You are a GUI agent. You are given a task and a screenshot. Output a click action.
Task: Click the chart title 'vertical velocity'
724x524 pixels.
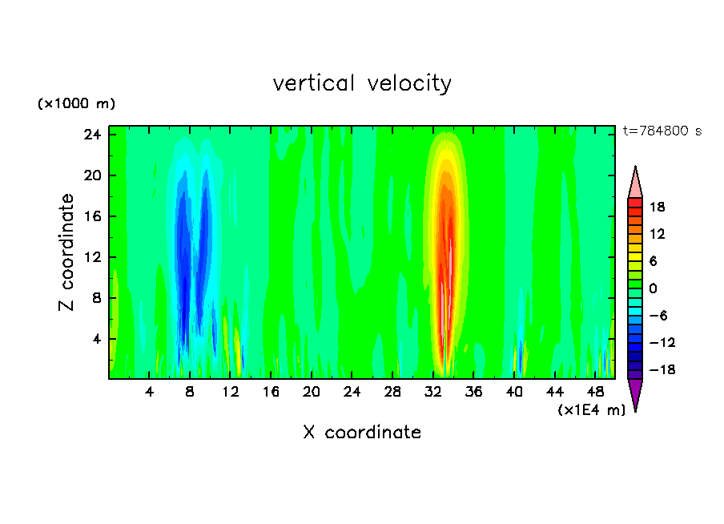pyautogui.click(x=362, y=83)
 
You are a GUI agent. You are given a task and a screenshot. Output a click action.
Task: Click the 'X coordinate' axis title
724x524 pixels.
pyautogui.click(x=362, y=433)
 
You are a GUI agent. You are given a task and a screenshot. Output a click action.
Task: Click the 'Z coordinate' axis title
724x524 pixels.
pyautogui.click(x=67, y=252)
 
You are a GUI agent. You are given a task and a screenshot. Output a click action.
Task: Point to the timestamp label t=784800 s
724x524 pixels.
pyautogui.click(x=662, y=131)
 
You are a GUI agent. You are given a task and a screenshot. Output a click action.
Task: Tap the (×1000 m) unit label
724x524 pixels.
pyautogui.click(x=76, y=104)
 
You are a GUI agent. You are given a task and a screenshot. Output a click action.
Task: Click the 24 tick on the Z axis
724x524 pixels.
pyautogui.click(x=93, y=135)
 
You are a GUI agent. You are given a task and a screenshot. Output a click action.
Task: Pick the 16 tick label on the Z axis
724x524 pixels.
pyautogui.click(x=93, y=216)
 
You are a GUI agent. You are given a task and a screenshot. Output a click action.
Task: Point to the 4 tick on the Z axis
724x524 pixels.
pyautogui.click(x=97, y=339)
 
